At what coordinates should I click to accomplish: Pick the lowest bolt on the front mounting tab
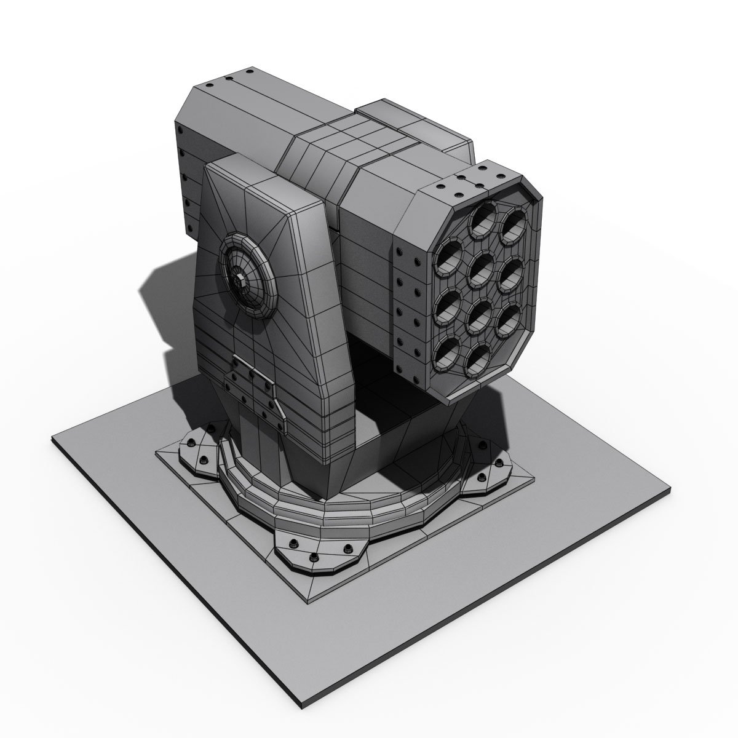(315, 557)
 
